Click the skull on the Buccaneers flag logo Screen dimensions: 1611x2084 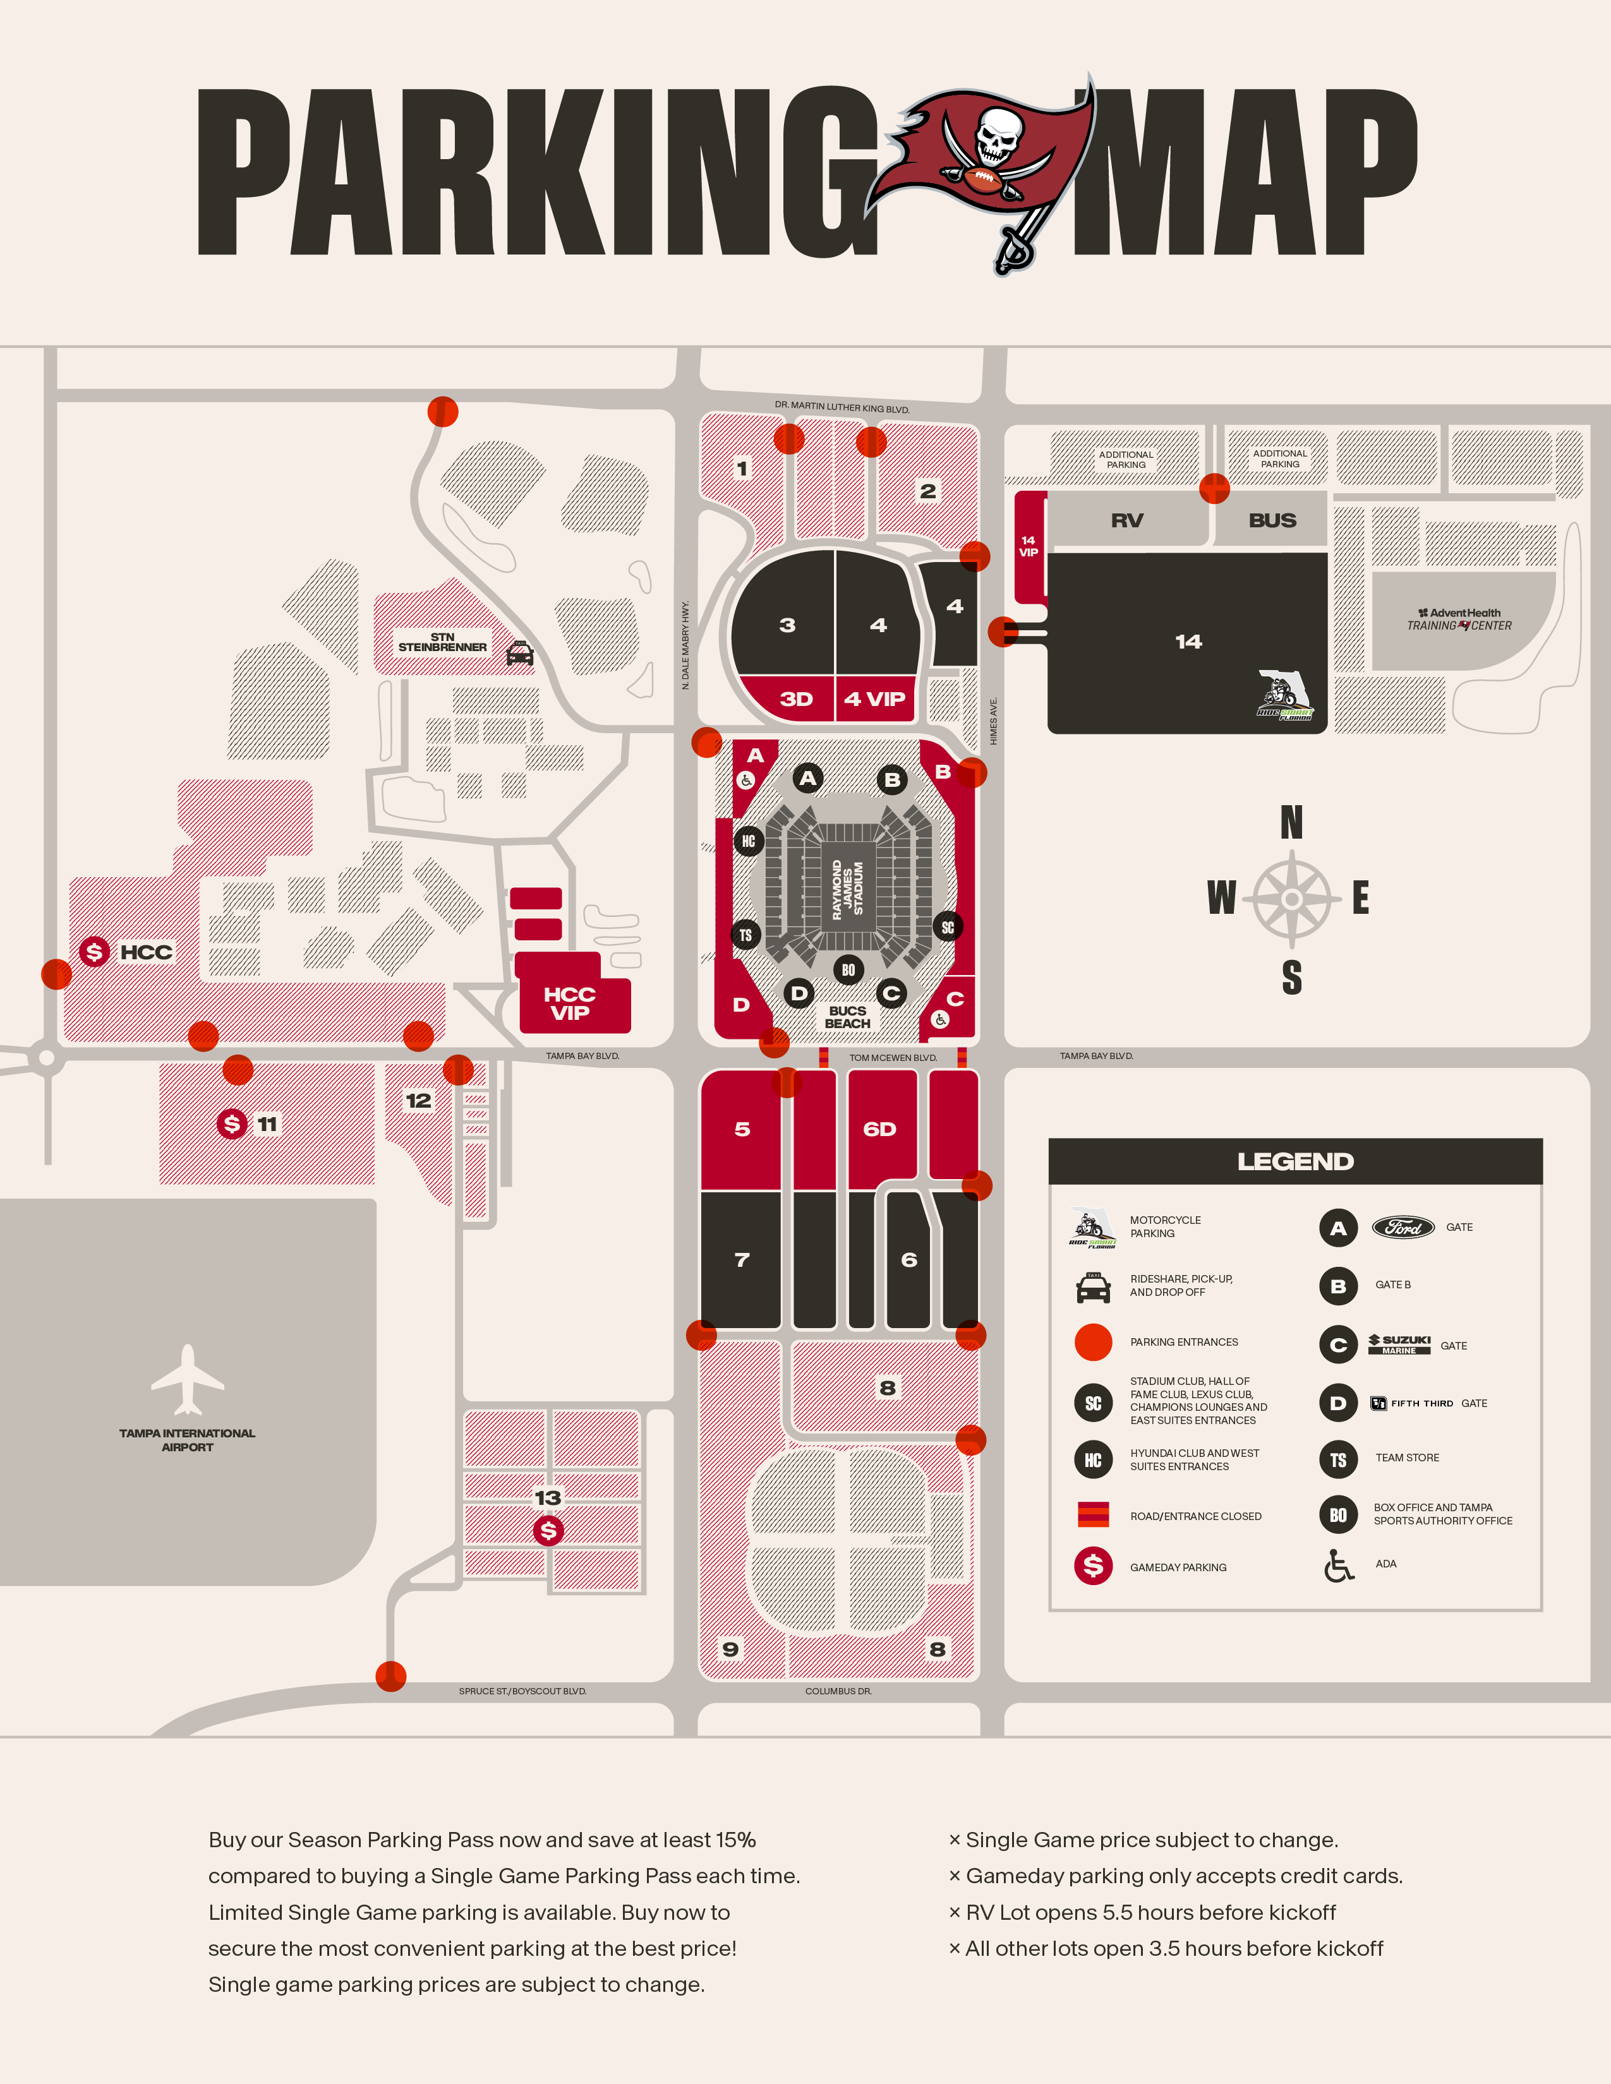(999, 134)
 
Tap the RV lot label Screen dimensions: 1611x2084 (1127, 520)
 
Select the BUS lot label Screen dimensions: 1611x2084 (1272, 520)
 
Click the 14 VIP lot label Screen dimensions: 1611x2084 (1028, 546)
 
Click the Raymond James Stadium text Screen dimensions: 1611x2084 (847, 889)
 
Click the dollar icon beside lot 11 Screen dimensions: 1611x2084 (232, 1123)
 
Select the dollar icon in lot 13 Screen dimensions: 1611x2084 (548, 1531)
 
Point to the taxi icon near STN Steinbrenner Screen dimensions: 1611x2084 (520, 653)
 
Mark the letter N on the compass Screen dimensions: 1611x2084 (1291, 822)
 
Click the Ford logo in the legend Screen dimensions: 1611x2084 (1403, 1227)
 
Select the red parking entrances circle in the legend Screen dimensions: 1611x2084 (1094, 1341)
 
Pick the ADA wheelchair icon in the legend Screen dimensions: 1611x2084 (1338, 1565)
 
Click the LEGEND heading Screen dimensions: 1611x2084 (1295, 1161)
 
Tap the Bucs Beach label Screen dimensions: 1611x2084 (847, 1017)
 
